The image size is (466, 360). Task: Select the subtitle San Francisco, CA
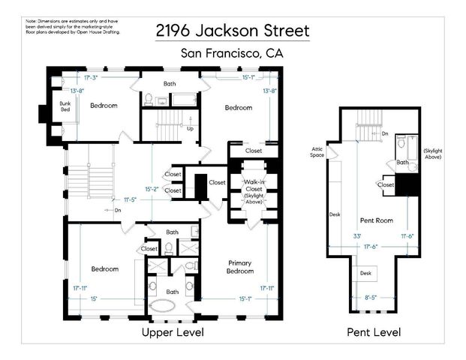[232, 53]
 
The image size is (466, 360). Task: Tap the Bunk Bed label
[54, 106]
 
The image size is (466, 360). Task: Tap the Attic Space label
[317, 152]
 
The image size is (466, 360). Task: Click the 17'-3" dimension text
[92, 76]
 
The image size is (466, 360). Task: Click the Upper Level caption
[172, 331]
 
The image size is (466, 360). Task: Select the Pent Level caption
[374, 331]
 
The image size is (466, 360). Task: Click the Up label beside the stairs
[190, 128]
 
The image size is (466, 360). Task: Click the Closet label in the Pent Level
[386, 184]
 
